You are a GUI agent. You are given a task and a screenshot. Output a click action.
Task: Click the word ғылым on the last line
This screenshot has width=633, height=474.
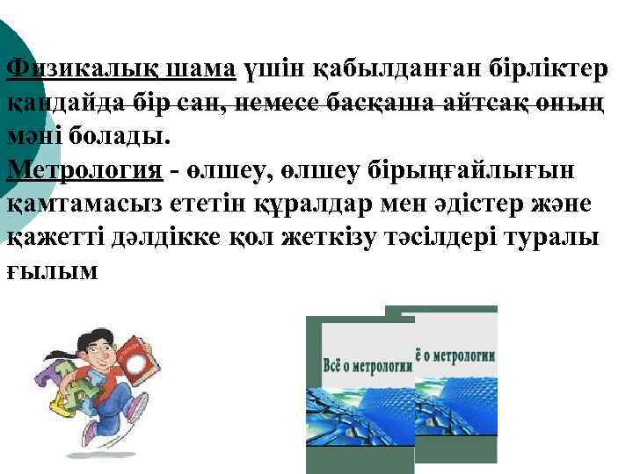(54, 273)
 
